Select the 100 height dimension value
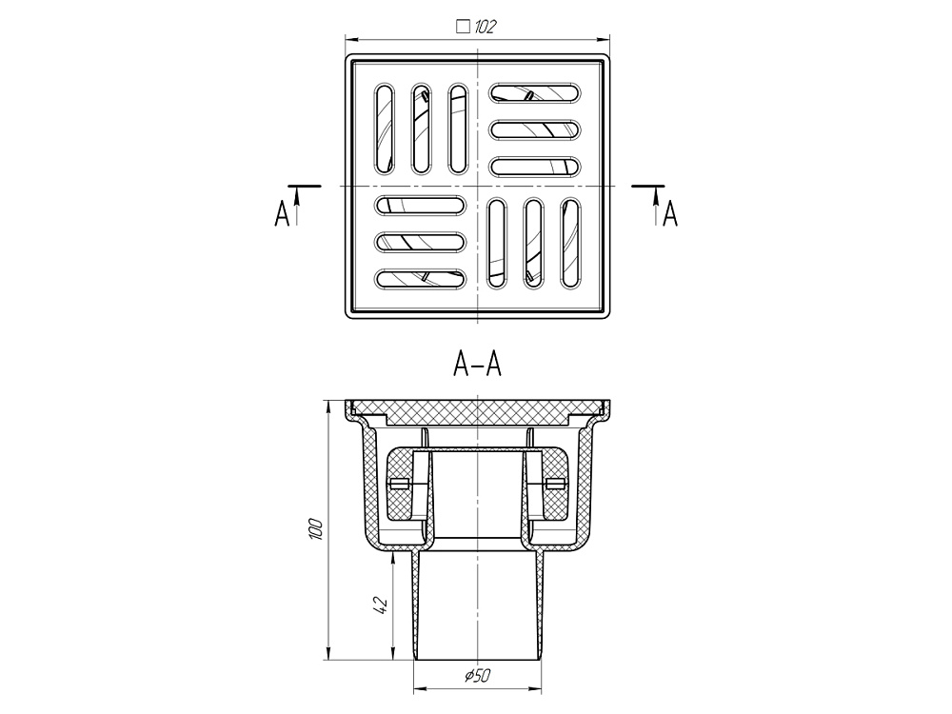click(x=317, y=529)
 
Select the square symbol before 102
click(x=464, y=27)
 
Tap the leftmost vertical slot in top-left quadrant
click(x=384, y=129)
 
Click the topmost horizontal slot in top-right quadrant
click(x=534, y=93)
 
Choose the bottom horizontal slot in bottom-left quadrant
click(x=421, y=279)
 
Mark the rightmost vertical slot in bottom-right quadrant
click(x=569, y=243)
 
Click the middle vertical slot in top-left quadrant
click(x=421, y=129)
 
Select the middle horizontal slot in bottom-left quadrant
click(x=421, y=242)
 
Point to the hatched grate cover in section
click(x=476, y=412)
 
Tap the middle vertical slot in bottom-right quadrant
click(x=533, y=243)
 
